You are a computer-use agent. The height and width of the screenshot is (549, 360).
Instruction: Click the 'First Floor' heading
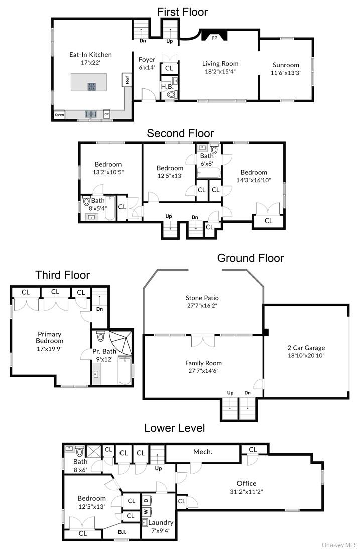pos(182,11)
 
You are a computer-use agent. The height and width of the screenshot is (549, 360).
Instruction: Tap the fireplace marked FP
pos(214,36)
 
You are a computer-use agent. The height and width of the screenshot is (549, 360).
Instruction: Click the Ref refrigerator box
pos(127,80)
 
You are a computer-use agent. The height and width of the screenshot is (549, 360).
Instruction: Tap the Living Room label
pos(220,64)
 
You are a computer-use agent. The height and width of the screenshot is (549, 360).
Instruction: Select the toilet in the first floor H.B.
pos(171,93)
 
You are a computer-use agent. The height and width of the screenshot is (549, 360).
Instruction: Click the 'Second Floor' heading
pos(180,133)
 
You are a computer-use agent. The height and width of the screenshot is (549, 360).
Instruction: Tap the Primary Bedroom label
pos(49,337)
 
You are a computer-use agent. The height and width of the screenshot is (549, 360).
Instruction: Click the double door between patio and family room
pos(203,341)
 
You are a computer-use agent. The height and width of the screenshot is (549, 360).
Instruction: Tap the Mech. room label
pos(203,452)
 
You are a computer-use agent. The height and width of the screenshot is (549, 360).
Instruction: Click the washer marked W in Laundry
pos(146,512)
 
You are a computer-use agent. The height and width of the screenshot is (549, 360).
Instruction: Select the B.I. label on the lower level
pos(122,532)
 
